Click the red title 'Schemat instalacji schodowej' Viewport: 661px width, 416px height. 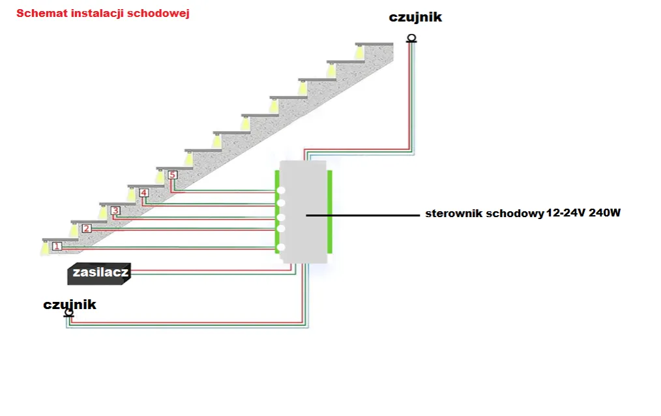point(103,13)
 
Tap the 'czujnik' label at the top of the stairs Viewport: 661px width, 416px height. point(415,18)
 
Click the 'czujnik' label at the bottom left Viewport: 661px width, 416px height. point(70,305)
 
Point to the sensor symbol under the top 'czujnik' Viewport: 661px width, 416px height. point(411,38)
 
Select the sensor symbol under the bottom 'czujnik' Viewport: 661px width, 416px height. point(69,314)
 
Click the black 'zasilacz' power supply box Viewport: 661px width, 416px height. point(100,274)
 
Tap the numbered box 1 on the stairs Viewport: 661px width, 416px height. point(57,246)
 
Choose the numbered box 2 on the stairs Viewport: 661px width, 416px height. point(87,229)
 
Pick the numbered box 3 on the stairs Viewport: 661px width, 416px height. point(115,211)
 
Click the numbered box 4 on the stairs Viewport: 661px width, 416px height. point(143,193)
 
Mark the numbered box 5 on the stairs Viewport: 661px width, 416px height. point(172,175)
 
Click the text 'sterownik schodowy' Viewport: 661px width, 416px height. point(484,213)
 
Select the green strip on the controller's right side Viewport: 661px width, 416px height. point(330,212)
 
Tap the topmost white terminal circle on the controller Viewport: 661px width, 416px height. point(281,191)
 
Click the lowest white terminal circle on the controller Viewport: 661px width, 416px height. point(281,247)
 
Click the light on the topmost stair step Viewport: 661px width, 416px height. point(359,50)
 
